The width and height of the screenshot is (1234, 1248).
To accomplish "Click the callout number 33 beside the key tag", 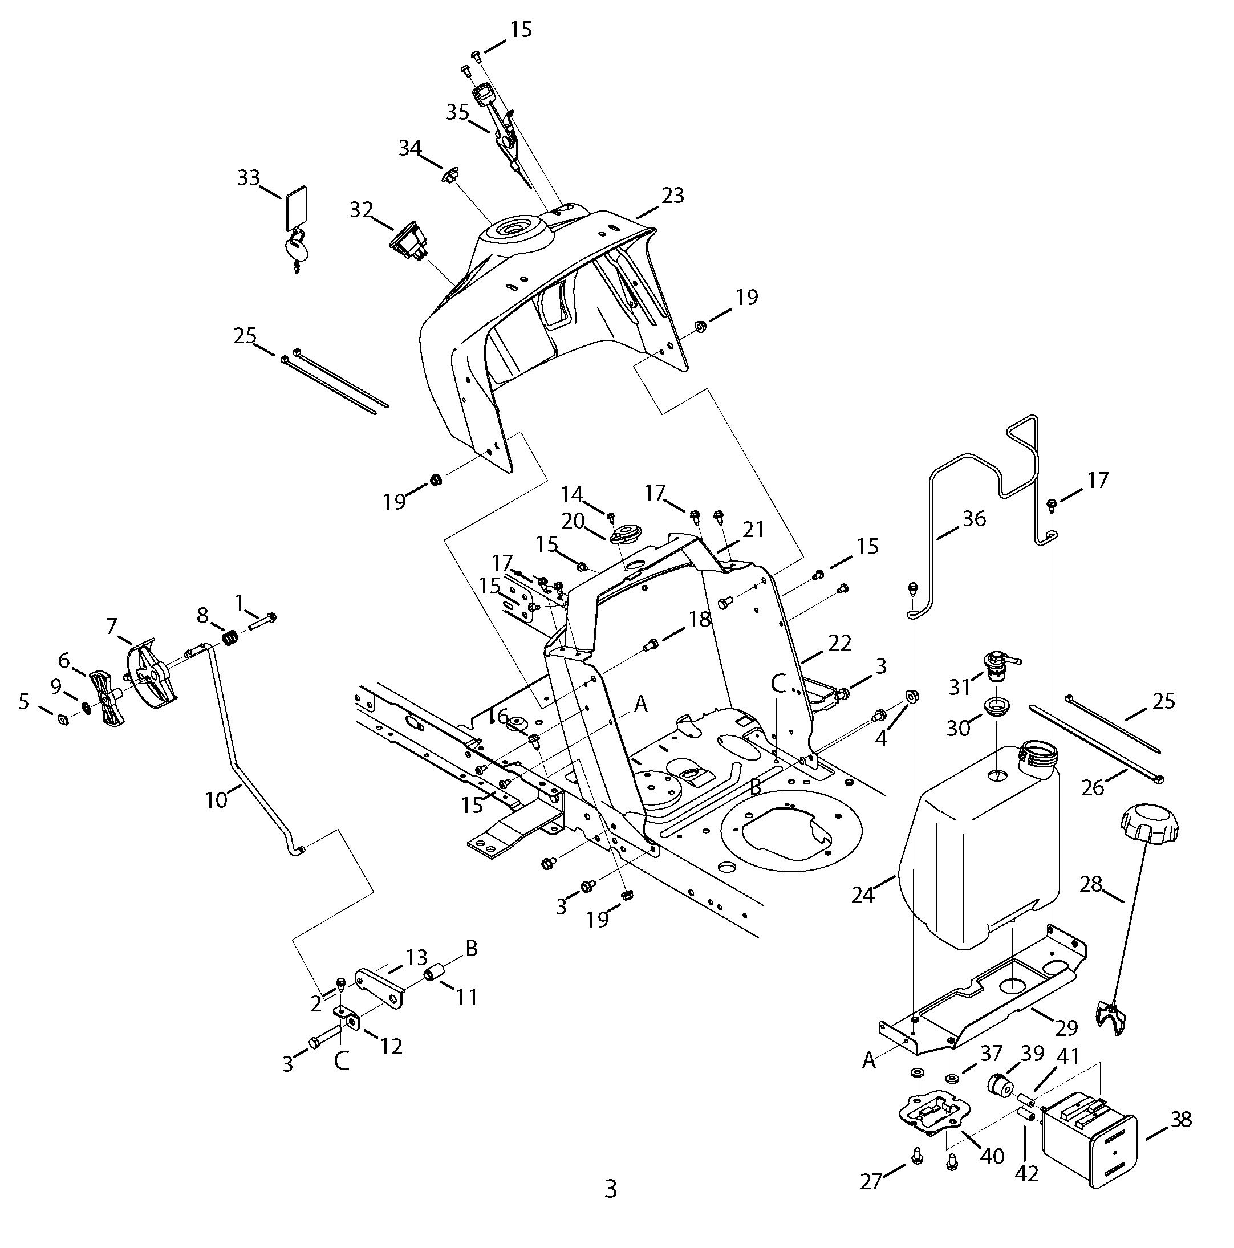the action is coord(248,178).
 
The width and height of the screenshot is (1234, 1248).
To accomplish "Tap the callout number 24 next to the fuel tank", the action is coord(863,895).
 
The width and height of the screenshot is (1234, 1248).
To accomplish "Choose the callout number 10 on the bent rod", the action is coord(217,800).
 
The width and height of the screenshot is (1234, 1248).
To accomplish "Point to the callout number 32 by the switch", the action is coord(362,210).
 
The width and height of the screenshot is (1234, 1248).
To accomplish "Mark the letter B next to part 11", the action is coord(472,948).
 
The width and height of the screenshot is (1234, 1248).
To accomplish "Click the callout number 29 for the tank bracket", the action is coord(1067,1027).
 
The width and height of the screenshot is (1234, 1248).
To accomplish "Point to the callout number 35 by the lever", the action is coord(457,112).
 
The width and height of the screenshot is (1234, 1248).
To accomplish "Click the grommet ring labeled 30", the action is coord(996,705).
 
